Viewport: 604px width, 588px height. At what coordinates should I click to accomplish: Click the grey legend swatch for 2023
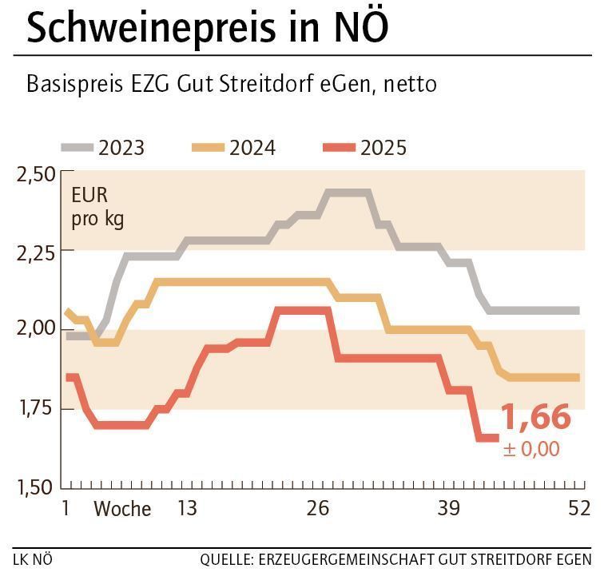click(77, 148)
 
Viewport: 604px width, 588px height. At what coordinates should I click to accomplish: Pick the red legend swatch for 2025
click(339, 148)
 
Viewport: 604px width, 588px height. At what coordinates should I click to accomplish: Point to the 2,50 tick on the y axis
click(35, 173)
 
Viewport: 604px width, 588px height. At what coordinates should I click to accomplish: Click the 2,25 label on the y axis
click(35, 252)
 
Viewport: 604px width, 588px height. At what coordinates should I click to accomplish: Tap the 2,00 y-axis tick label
click(35, 329)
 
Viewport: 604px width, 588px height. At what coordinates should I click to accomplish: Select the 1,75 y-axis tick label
click(35, 408)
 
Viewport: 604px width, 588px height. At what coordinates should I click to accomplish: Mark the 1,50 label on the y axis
click(35, 487)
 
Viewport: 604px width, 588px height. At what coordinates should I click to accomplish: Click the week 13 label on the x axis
click(186, 508)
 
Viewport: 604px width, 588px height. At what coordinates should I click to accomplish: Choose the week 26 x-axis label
click(318, 508)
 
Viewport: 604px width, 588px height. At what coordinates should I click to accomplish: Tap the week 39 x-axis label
click(449, 508)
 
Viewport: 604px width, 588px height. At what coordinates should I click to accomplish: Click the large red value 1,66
click(535, 418)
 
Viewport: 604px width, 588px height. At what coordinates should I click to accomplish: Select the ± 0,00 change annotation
click(531, 449)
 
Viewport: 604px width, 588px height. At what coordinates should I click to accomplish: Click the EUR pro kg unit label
click(97, 208)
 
